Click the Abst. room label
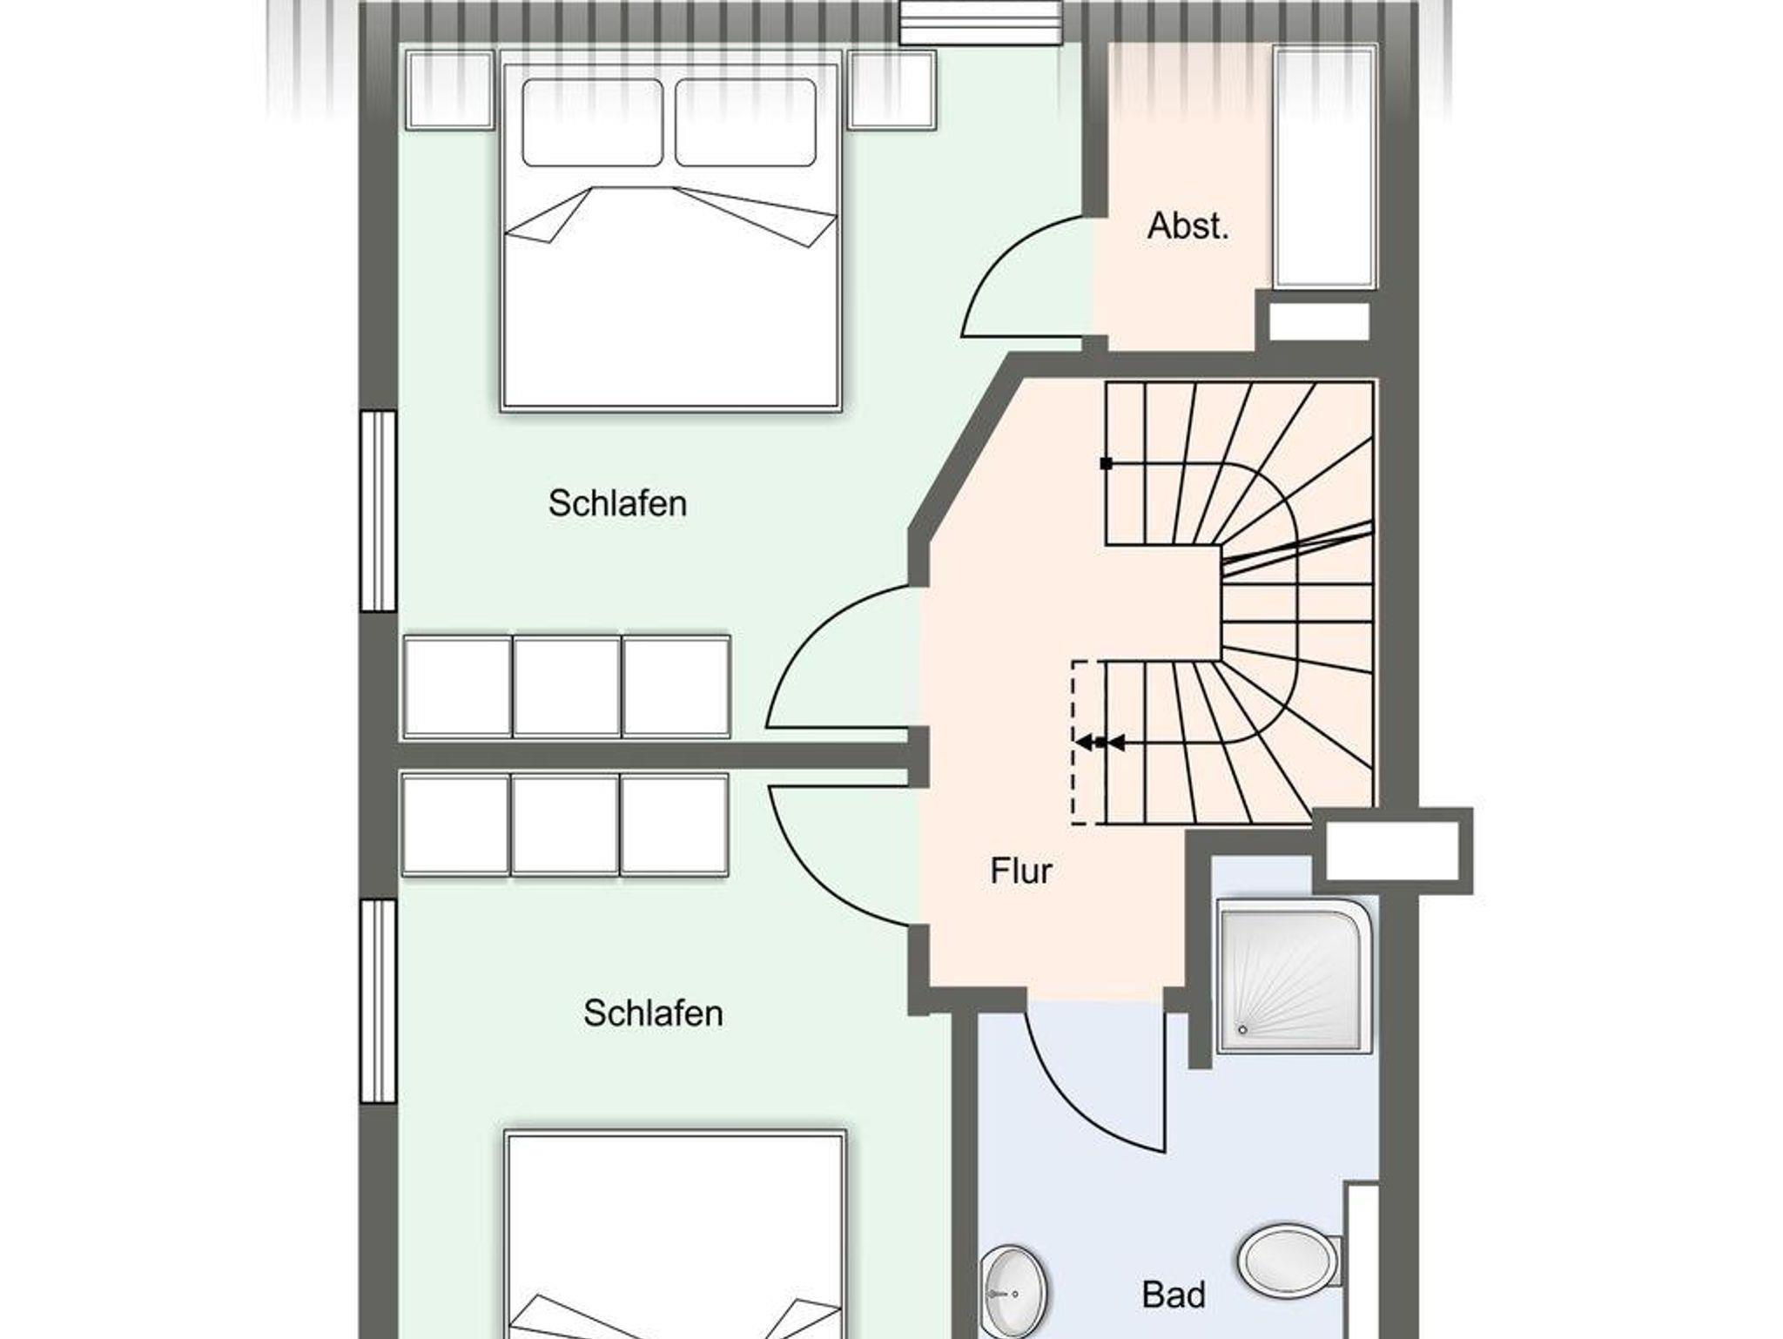(x=1188, y=226)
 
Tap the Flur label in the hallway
(x=1021, y=871)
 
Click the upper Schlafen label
(x=617, y=503)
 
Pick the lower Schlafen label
(x=653, y=1013)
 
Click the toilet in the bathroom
(x=1291, y=1259)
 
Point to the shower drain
(x=1243, y=1030)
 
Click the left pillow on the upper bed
(x=592, y=122)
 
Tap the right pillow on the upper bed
(x=745, y=122)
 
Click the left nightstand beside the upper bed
(x=450, y=91)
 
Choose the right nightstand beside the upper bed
(x=892, y=91)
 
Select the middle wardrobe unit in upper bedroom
(x=567, y=687)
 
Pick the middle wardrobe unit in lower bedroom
(x=565, y=824)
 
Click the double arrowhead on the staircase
(x=1100, y=743)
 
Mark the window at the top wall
(x=982, y=22)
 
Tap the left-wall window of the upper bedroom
(x=379, y=511)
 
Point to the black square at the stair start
(x=1107, y=464)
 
